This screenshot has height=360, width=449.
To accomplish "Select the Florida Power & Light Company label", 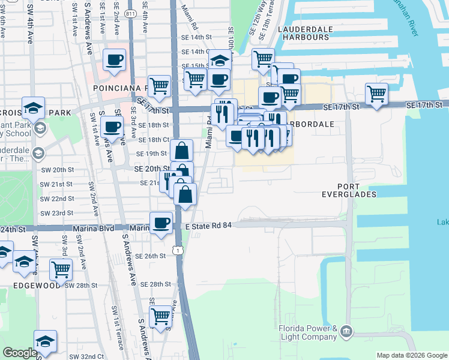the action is coord(307,332).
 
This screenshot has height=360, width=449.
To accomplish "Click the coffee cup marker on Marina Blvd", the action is coord(161,224).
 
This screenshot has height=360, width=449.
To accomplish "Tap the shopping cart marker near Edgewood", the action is coord(61,270).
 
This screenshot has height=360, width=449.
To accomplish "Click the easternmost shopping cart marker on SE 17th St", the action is coord(376,94).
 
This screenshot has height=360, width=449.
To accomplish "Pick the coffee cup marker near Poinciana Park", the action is coord(114,60).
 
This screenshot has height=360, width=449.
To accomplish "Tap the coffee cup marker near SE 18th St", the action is coord(111,127).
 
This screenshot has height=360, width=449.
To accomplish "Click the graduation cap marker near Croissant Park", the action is coord(34,107).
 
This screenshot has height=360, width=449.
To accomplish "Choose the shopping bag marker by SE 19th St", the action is coord(181,150).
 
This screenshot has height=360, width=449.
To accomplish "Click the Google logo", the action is coord(20,353).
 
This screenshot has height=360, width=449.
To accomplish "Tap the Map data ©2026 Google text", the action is coord(411,355).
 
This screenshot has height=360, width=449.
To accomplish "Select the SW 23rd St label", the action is coord(57,213).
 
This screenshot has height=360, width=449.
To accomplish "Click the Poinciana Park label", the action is coord(117,88).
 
